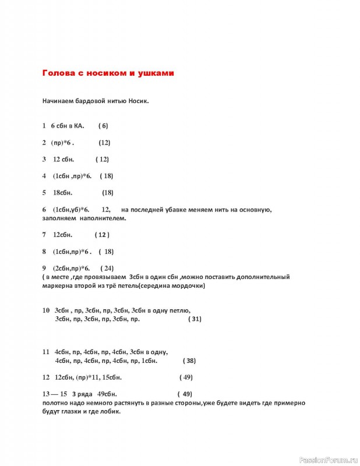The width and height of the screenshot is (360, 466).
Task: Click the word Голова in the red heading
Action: pos(57,74)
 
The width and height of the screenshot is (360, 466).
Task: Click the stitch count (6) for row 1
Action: pos(103,125)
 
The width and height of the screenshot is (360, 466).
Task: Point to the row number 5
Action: pos(44,193)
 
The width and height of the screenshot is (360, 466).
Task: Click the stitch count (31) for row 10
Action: pos(195,319)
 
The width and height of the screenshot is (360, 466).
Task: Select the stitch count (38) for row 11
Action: pos(189,361)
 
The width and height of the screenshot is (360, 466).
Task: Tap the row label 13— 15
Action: pos(55,393)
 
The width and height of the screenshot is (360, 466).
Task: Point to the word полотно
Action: pos(56,403)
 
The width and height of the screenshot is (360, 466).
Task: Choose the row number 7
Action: pos(44,235)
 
